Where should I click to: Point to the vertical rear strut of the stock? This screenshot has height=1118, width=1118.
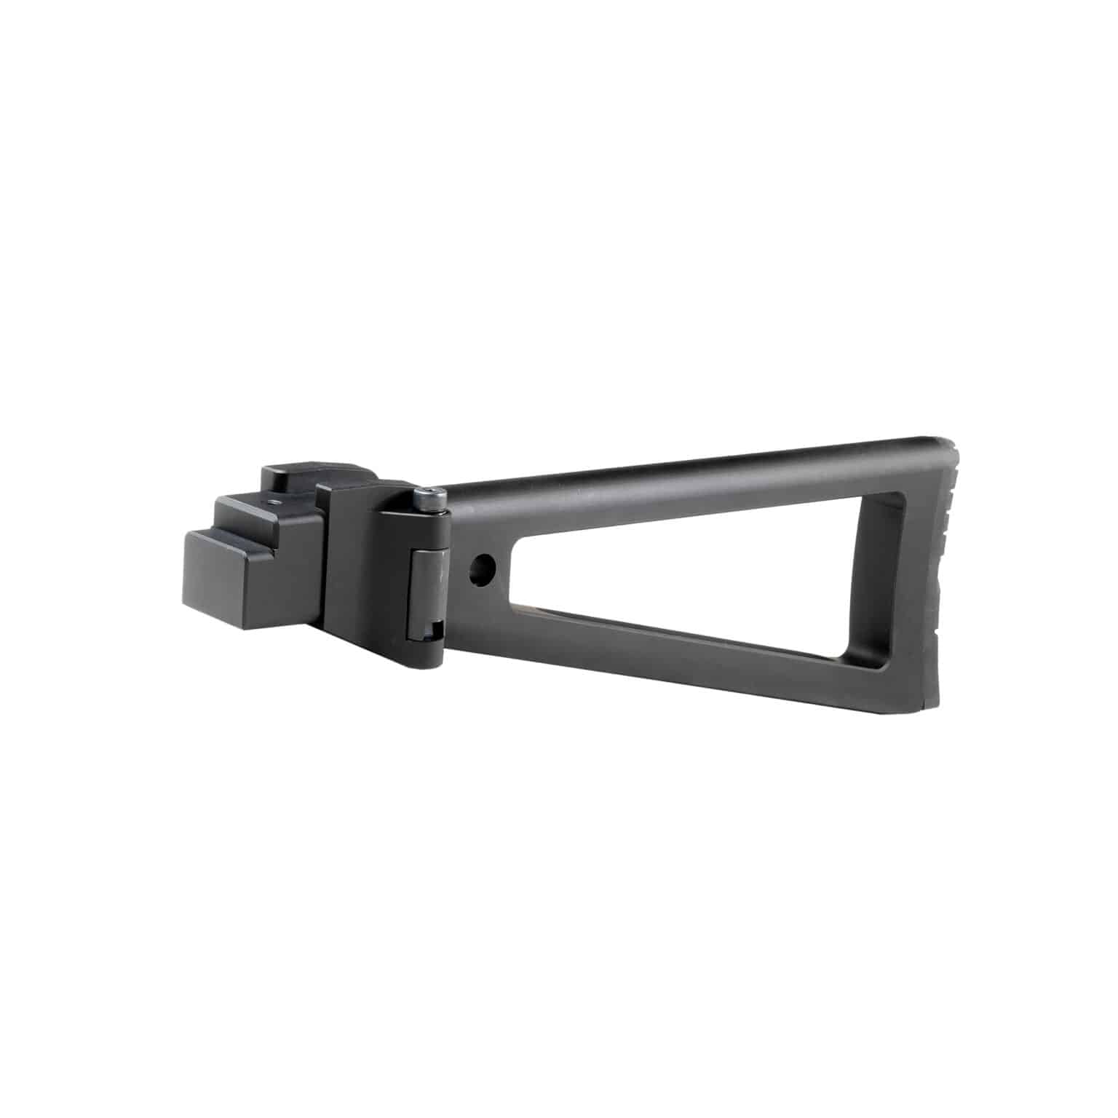coord(921,575)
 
